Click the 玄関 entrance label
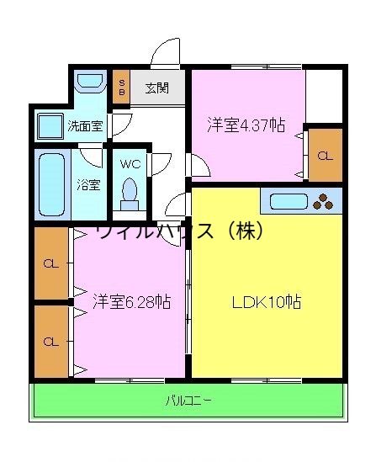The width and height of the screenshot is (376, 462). (x=156, y=87)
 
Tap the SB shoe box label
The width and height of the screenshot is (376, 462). (x=122, y=88)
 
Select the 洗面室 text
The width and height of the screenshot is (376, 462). (x=85, y=127)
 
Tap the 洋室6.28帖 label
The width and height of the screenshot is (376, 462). (x=131, y=300)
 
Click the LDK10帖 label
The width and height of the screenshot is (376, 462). (x=267, y=302)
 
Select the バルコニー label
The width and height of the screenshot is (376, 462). (x=188, y=401)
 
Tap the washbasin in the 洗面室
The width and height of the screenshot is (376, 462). (x=87, y=83)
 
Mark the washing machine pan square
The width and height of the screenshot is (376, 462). (x=49, y=125)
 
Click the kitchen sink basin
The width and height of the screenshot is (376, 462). (x=288, y=201)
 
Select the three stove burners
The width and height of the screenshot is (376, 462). (x=323, y=201)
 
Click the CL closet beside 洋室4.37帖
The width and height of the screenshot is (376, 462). (x=325, y=156)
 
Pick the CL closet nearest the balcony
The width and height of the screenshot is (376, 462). (x=50, y=342)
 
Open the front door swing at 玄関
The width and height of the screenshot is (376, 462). (x=165, y=52)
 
